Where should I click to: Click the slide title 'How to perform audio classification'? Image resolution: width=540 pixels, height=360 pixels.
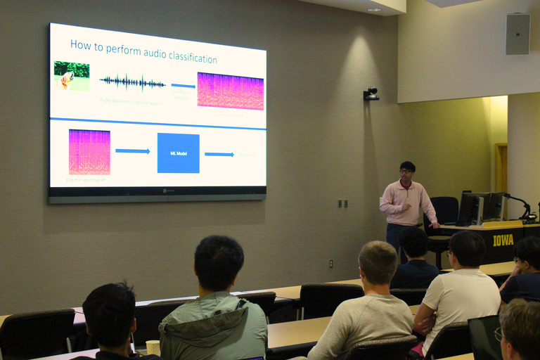coord(143,52)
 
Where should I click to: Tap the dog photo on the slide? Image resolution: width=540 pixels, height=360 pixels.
coord(72,76)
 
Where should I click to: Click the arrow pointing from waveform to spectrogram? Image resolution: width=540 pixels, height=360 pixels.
coord(183,86)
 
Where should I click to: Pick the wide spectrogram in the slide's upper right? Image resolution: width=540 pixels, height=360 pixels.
coord(230,91)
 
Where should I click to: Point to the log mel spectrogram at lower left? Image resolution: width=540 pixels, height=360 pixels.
coord(89,152)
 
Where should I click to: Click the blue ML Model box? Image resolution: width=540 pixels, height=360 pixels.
coord(178,153)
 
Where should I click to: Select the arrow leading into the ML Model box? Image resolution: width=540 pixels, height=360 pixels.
coord(132,151)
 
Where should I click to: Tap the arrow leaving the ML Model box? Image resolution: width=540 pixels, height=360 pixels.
coord(219,154)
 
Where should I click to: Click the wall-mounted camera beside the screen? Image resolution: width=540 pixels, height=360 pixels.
coord(371,94)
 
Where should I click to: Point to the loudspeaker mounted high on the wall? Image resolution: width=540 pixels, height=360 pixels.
coord(517,34)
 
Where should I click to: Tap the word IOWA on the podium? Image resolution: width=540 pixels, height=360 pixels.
coord(503,240)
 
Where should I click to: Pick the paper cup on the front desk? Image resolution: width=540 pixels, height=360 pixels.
coord(153,347)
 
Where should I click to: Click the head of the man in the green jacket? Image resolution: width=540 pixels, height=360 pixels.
coord(219,262)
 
